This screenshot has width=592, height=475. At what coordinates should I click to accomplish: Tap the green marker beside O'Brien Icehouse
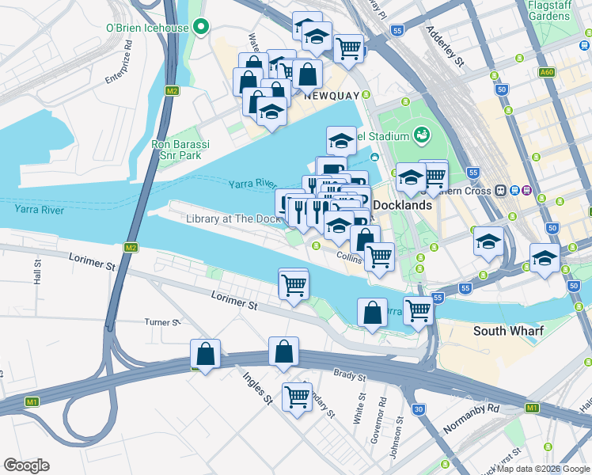click(x=202, y=28)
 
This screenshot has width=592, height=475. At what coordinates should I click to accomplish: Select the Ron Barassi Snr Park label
click(x=178, y=150)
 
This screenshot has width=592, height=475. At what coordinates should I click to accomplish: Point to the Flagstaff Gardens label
click(x=548, y=10)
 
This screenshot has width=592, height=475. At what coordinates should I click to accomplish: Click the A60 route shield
click(x=546, y=72)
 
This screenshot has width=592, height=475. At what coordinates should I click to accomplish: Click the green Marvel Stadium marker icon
click(x=421, y=135)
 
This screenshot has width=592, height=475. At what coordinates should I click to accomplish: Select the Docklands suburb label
click(x=402, y=205)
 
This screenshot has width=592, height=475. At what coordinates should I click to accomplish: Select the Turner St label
click(x=162, y=322)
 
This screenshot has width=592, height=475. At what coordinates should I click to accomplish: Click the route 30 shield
click(x=418, y=409)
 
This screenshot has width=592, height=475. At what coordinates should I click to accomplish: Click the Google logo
click(x=26, y=465)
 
